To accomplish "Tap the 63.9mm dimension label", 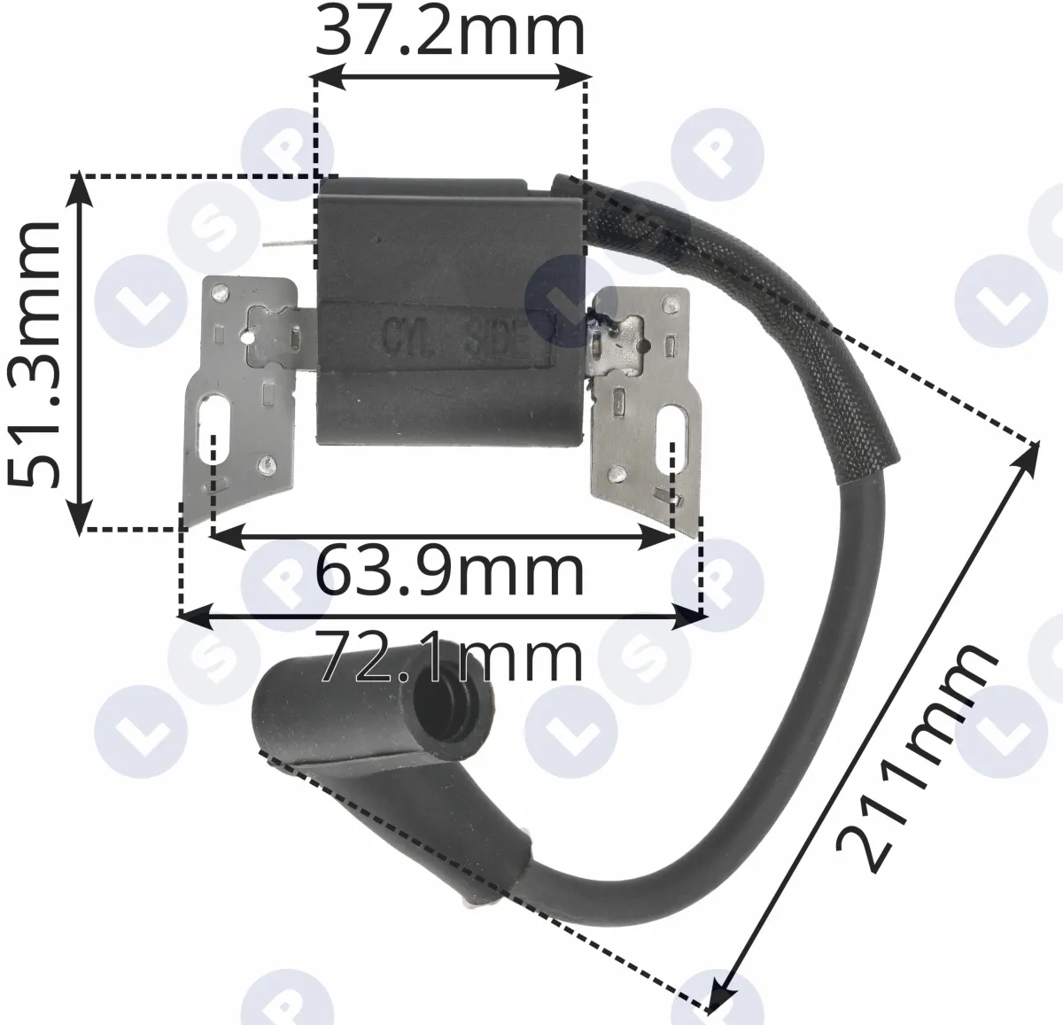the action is (450, 572).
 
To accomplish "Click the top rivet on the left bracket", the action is (221, 293).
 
